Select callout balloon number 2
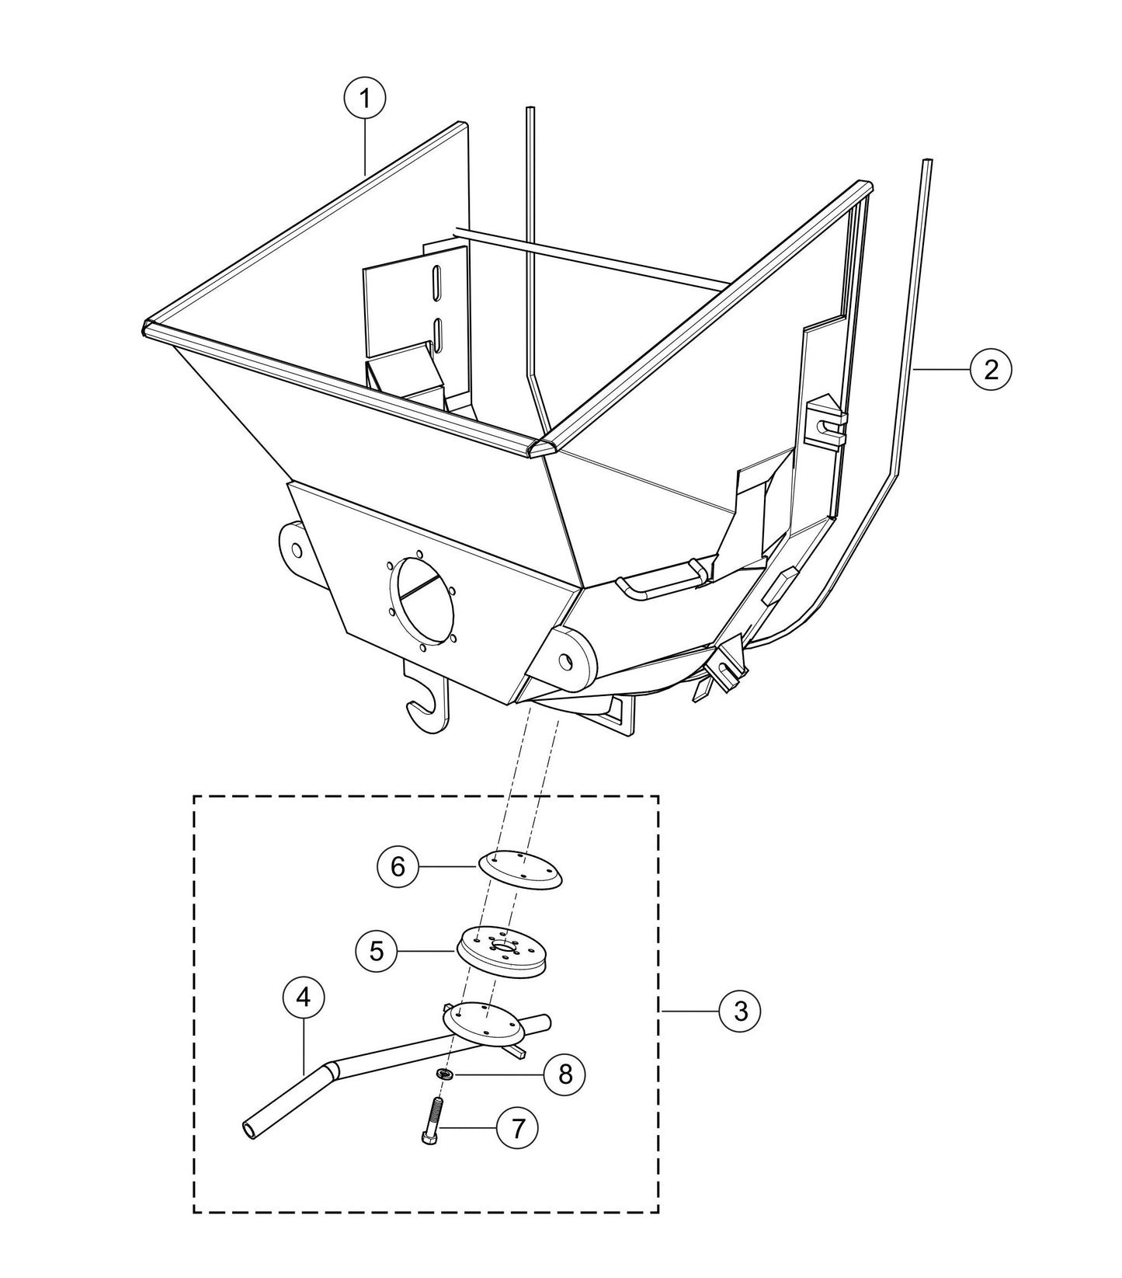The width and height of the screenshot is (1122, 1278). point(991,369)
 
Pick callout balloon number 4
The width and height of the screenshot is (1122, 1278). point(304,997)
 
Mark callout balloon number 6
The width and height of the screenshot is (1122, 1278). point(398,865)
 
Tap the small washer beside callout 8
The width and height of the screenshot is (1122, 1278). point(446,1074)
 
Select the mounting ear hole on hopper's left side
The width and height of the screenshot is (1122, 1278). point(297,549)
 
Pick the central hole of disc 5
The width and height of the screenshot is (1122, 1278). point(503,947)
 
